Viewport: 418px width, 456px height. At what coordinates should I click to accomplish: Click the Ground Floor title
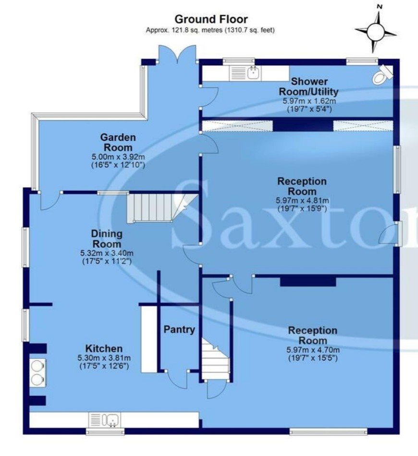[211, 19]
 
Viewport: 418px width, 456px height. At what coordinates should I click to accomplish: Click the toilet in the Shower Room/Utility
[382, 75]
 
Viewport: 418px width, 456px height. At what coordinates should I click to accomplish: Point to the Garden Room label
[118, 142]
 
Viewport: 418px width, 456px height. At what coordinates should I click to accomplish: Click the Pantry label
[179, 330]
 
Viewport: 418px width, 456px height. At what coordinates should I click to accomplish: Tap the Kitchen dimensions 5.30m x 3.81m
[104, 357]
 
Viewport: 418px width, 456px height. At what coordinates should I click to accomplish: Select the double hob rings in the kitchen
[37, 372]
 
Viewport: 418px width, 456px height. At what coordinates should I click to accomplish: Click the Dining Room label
[106, 239]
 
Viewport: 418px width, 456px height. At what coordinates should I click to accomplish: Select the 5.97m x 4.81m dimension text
[302, 200]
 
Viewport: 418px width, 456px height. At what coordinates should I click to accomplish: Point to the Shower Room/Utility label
[308, 86]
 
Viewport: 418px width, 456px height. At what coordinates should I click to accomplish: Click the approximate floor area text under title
[210, 30]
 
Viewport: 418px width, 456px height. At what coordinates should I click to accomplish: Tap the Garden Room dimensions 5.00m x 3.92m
[118, 157]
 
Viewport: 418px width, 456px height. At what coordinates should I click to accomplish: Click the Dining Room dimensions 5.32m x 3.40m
[107, 253]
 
